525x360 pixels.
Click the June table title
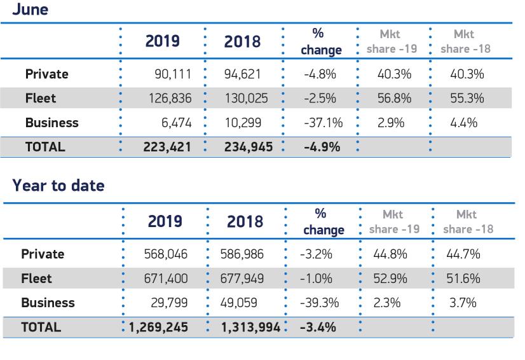[31, 10]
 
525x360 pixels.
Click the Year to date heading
[58, 186]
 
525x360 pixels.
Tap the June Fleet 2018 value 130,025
[246, 99]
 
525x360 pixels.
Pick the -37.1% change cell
[323, 123]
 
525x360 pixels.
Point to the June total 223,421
[167, 147]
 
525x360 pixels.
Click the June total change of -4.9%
[322, 147]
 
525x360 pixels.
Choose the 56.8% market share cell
[394, 99]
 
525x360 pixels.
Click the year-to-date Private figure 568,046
[166, 254]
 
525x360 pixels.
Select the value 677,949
[245, 279]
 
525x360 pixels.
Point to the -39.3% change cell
[319, 303]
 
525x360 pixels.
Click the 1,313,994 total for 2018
[246, 328]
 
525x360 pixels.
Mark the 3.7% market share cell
[463, 303]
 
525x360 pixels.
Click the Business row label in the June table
[52, 123]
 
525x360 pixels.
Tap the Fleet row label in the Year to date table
[37, 279]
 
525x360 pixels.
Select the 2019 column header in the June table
[163, 42]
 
